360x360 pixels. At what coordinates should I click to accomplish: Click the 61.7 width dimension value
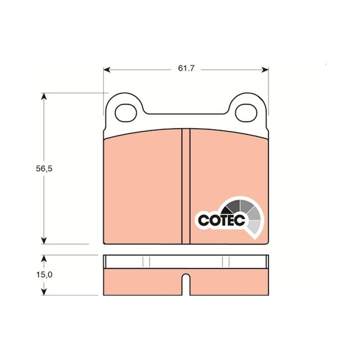(186, 68)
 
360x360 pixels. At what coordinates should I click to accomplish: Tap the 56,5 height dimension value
(44, 169)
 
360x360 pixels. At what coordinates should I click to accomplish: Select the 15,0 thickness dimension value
(44, 274)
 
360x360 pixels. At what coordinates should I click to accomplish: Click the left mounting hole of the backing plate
(126, 113)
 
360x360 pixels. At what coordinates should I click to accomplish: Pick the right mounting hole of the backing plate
(246, 113)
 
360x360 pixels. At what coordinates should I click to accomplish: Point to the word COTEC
(221, 220)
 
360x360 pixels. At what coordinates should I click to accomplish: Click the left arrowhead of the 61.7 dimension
(107, 70)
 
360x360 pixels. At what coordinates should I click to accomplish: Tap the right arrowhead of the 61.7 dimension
(265, 70)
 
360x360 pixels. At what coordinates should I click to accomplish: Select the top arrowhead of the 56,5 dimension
(44, 96)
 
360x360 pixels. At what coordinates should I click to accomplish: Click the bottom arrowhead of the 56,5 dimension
(44, 240)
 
